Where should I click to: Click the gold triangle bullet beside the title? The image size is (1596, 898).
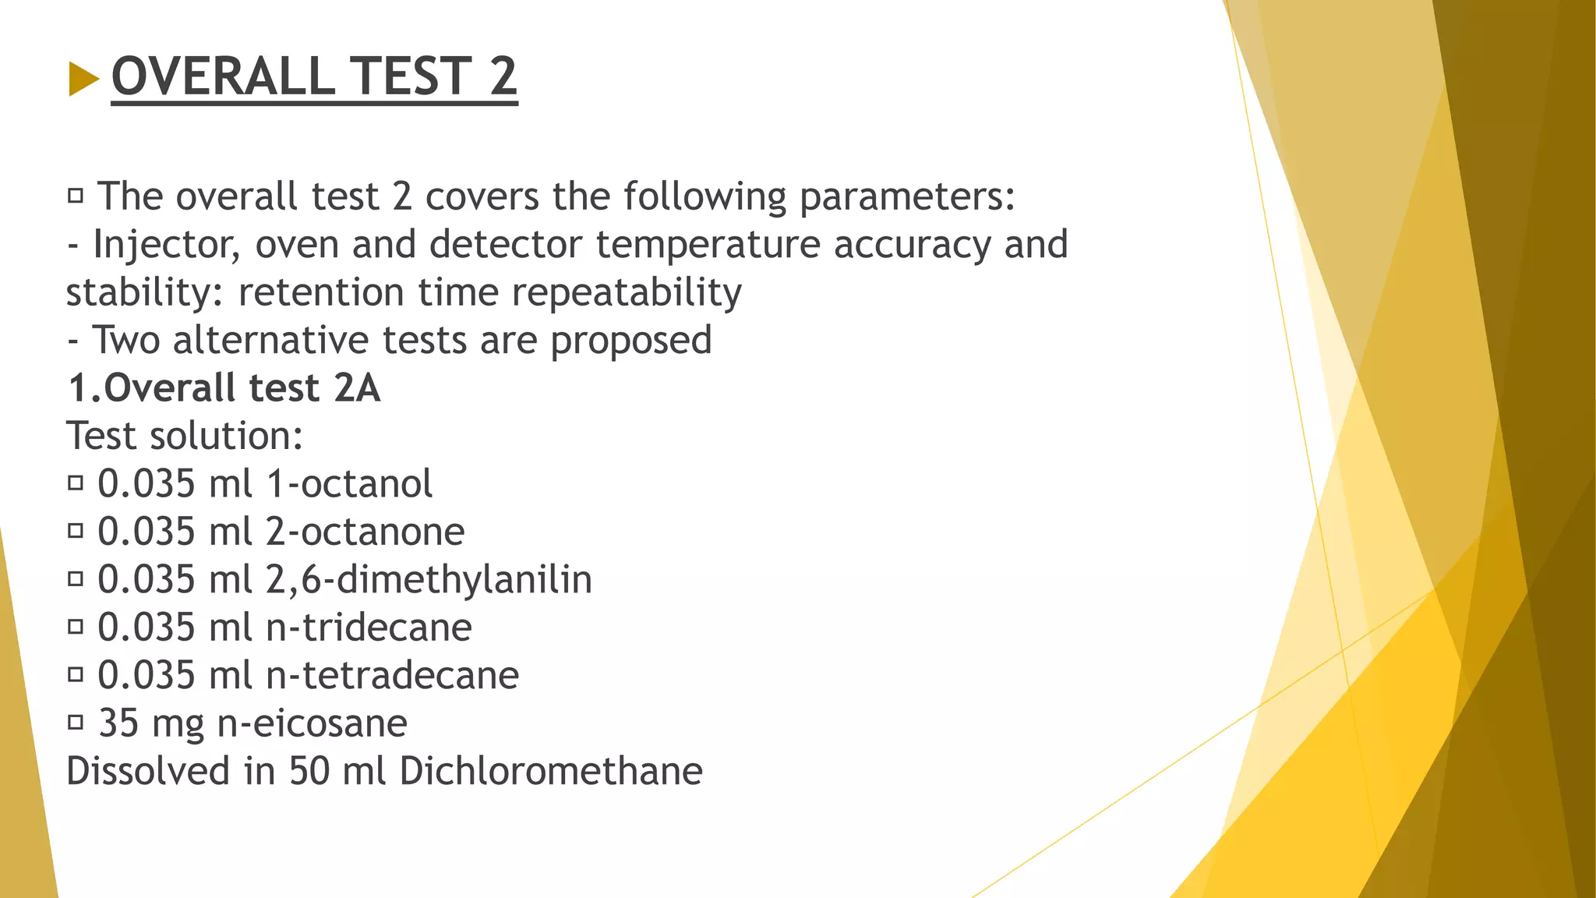[83, 79]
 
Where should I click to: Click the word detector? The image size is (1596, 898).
[505, 244]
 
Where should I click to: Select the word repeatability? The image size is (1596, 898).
[627, 293]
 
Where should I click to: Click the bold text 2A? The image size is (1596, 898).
[357, 388]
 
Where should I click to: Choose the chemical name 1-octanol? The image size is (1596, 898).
[349, 484]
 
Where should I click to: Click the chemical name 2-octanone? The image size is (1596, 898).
[365, 532]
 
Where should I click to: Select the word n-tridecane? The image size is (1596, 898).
[369, 628]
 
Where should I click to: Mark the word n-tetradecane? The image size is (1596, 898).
[392, 676]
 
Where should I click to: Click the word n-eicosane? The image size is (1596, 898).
[312, 724]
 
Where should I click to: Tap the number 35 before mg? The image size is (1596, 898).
[118, 723]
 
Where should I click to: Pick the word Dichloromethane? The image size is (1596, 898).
[551, 772]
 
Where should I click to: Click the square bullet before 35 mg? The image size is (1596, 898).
[76, 723]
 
